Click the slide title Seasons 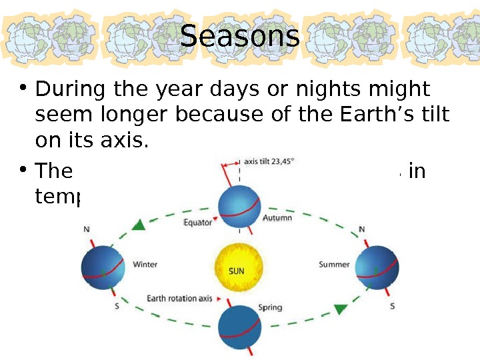pos(240,37)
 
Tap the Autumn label pos(277,218)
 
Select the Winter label pos(145,264)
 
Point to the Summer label pos(334,264)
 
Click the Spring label pos(270,307)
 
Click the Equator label pos(197,223)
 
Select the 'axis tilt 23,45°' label pos(269,161)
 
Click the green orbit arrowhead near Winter pos(138,225)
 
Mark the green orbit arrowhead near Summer pos(341,309)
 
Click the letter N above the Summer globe pos(362,230)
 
